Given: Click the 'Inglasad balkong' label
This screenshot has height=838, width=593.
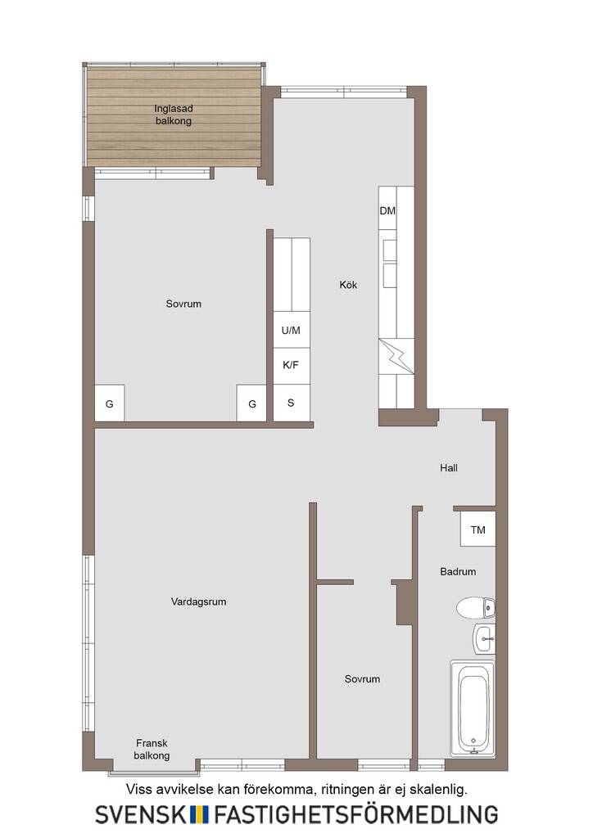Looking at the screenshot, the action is point(174,115).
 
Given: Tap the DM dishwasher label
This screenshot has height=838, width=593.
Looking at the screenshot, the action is point(387,211).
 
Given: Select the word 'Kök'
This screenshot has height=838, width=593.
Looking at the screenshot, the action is point(348,285).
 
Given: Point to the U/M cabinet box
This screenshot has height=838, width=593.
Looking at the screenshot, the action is point(292,330).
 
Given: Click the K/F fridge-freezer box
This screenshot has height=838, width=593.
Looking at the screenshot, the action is point(292,366).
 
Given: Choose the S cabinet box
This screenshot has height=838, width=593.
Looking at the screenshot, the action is point(292,402).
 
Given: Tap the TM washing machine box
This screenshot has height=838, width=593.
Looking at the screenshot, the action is point(478,529).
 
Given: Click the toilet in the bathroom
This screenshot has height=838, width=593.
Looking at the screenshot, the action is point(476,608).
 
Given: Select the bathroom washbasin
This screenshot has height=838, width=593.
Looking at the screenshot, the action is point(484,638).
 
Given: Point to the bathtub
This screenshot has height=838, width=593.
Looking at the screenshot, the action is point(473,709).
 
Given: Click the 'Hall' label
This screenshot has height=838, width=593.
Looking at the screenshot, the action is point(449,468).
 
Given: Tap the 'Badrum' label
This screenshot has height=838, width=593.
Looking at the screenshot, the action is point(458,572).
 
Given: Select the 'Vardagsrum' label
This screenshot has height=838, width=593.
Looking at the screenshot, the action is point(198,601).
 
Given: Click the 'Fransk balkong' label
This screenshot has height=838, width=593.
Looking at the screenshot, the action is point(152,750).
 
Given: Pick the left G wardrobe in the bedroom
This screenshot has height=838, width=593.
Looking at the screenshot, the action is point(110,403).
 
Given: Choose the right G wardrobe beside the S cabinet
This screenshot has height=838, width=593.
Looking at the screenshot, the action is point(251,403).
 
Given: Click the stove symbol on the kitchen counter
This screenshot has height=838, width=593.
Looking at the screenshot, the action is point(396,357).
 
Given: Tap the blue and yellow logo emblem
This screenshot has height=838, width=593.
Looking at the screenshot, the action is point(200,814).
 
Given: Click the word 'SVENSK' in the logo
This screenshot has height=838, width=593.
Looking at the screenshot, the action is point(141,814).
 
